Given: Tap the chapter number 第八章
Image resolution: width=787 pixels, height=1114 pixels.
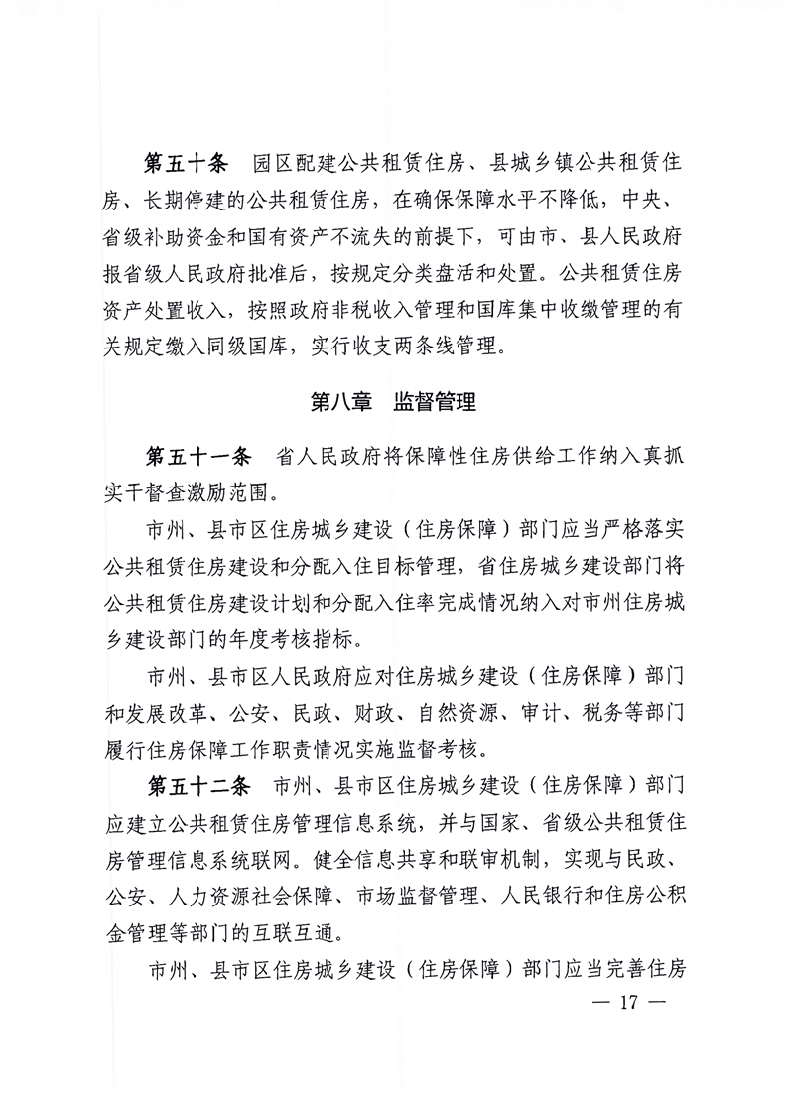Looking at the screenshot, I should coord(341,403).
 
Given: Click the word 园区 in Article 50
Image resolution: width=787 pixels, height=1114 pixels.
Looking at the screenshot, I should coord(271,163).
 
